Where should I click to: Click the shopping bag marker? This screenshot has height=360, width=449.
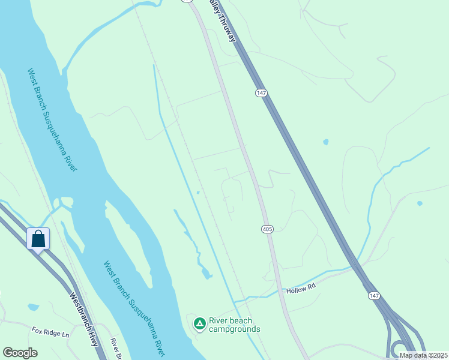38,239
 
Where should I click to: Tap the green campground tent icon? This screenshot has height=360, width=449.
199,324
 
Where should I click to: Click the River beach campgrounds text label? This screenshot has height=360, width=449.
234,325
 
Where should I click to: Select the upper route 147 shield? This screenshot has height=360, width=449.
261,92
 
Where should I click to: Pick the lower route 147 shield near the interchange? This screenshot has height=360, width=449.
374,296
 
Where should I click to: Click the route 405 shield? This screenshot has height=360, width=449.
268,229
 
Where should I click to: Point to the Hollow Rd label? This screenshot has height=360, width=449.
301,289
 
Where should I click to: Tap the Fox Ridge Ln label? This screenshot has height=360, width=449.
50,331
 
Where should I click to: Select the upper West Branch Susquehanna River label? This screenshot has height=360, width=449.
52,119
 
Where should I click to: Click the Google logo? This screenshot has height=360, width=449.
20,352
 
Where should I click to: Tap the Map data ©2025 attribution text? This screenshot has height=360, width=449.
424,355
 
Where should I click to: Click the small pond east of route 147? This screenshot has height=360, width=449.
326,142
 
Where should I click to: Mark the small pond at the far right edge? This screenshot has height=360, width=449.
419,203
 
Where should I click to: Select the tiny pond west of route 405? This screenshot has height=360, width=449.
198,193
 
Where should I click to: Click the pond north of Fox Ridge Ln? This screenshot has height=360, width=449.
33,307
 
